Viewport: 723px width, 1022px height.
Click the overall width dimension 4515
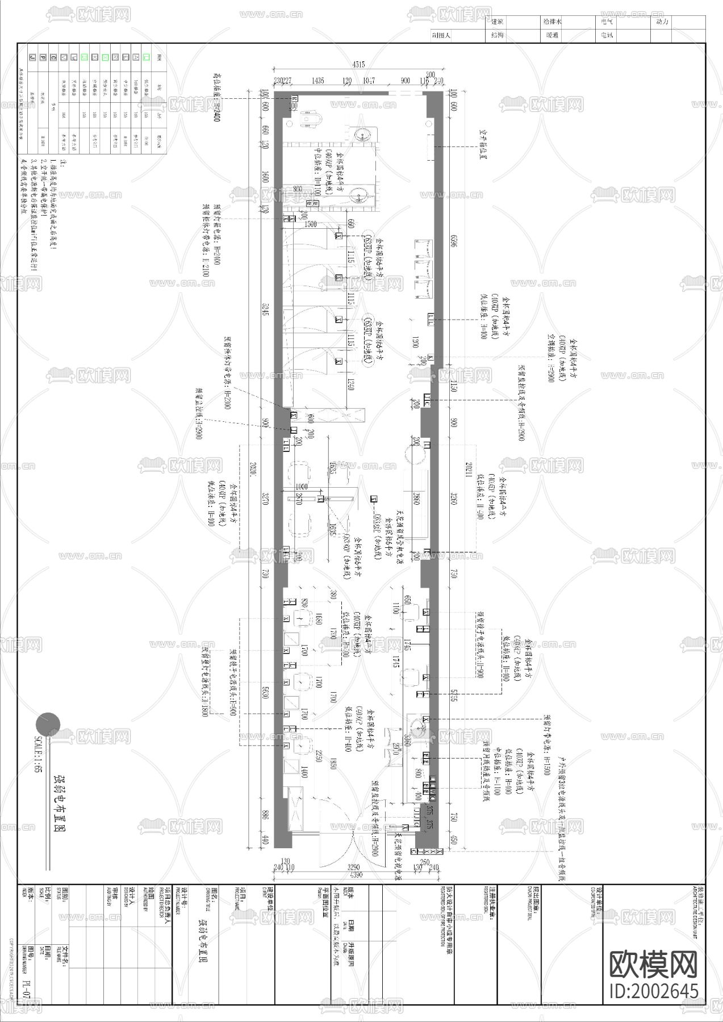[358, 65]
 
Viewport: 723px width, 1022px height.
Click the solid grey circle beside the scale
[48, 724]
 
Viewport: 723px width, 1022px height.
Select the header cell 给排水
[551, 22]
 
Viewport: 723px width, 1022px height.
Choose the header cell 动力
[662, 22]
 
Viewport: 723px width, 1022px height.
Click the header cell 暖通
[551, 35]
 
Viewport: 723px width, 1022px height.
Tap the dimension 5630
[265, 693]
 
